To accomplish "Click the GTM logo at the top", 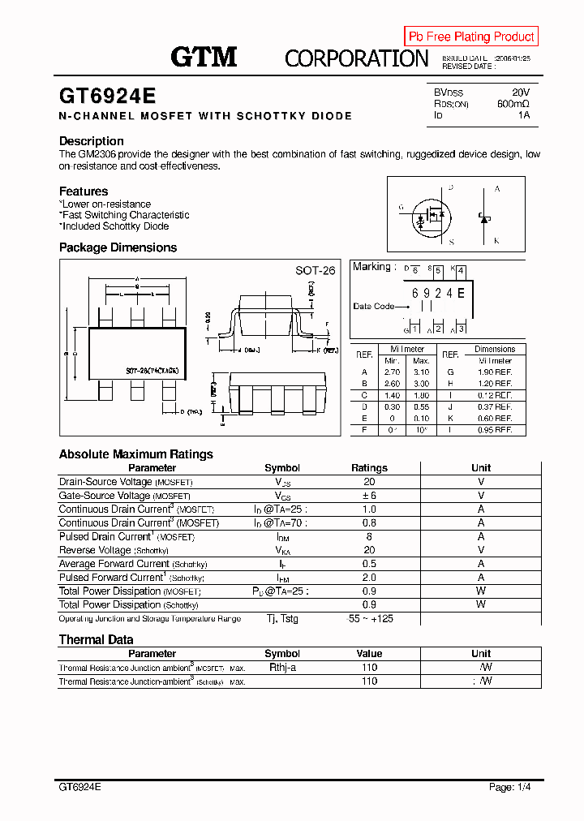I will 204,57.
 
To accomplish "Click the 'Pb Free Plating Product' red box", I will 471,37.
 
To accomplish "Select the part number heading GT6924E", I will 107,96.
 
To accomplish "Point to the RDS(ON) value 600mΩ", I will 513,104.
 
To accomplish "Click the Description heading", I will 91,141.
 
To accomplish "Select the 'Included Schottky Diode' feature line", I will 114,226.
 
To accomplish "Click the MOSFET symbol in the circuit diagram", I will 431,215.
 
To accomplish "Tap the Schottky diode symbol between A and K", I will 485,217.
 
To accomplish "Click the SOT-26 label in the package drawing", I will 315,271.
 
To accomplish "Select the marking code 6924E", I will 438,293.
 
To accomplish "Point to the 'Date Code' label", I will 374,307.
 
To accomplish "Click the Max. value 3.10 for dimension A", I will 421,372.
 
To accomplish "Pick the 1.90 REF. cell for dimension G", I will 494,372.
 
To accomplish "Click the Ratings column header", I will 369,468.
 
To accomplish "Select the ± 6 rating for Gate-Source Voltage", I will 369,496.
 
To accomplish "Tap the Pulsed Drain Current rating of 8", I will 369,536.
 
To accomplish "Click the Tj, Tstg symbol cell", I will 282,619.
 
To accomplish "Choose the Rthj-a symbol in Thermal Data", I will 282,668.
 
